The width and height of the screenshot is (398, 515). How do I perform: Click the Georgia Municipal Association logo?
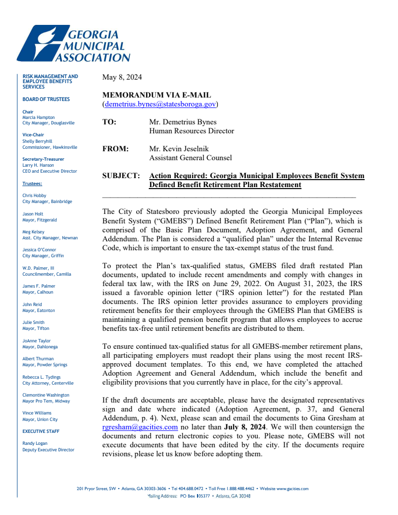coord(74,44)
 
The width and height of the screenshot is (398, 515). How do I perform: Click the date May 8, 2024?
coord(122,77)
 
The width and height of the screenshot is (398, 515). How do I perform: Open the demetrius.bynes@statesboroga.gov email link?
coord(160,104)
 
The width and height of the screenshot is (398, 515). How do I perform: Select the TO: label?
coord(109,122)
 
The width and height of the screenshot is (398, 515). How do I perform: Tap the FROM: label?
coord(115,149)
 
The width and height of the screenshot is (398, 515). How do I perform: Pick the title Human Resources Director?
coord(192,131)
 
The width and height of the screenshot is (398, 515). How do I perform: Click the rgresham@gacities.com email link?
coord(140,427)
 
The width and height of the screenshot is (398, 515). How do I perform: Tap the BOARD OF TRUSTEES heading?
coord(46,99)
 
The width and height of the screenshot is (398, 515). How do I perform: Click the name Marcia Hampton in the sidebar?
coord(39,117)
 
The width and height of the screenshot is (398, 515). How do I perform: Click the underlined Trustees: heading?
coord(32,184)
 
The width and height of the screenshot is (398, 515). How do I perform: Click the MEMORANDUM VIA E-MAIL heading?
coord(156,95)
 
